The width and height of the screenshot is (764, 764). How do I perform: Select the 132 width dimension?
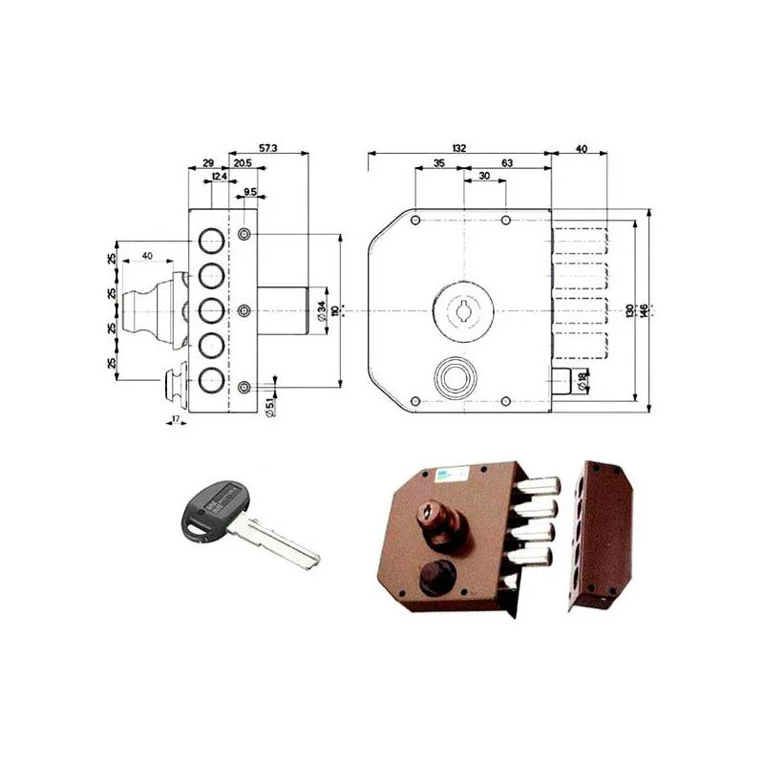(x=459, y=149)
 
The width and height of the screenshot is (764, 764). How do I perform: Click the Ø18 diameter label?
(x=583, y=380)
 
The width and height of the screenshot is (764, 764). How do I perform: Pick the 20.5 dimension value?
(x=242, y=164)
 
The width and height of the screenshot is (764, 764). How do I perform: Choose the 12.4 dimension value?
(x=220, y=178)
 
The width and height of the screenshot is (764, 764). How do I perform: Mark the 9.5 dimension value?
(x=249, y=192)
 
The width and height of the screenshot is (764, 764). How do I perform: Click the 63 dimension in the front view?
(x=507, y=164)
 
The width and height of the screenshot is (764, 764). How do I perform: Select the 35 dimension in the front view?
(x=438, y=164)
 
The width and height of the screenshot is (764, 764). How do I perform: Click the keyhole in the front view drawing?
(x=460, y=309)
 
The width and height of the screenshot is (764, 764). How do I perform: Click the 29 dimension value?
(x=208, y=164)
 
